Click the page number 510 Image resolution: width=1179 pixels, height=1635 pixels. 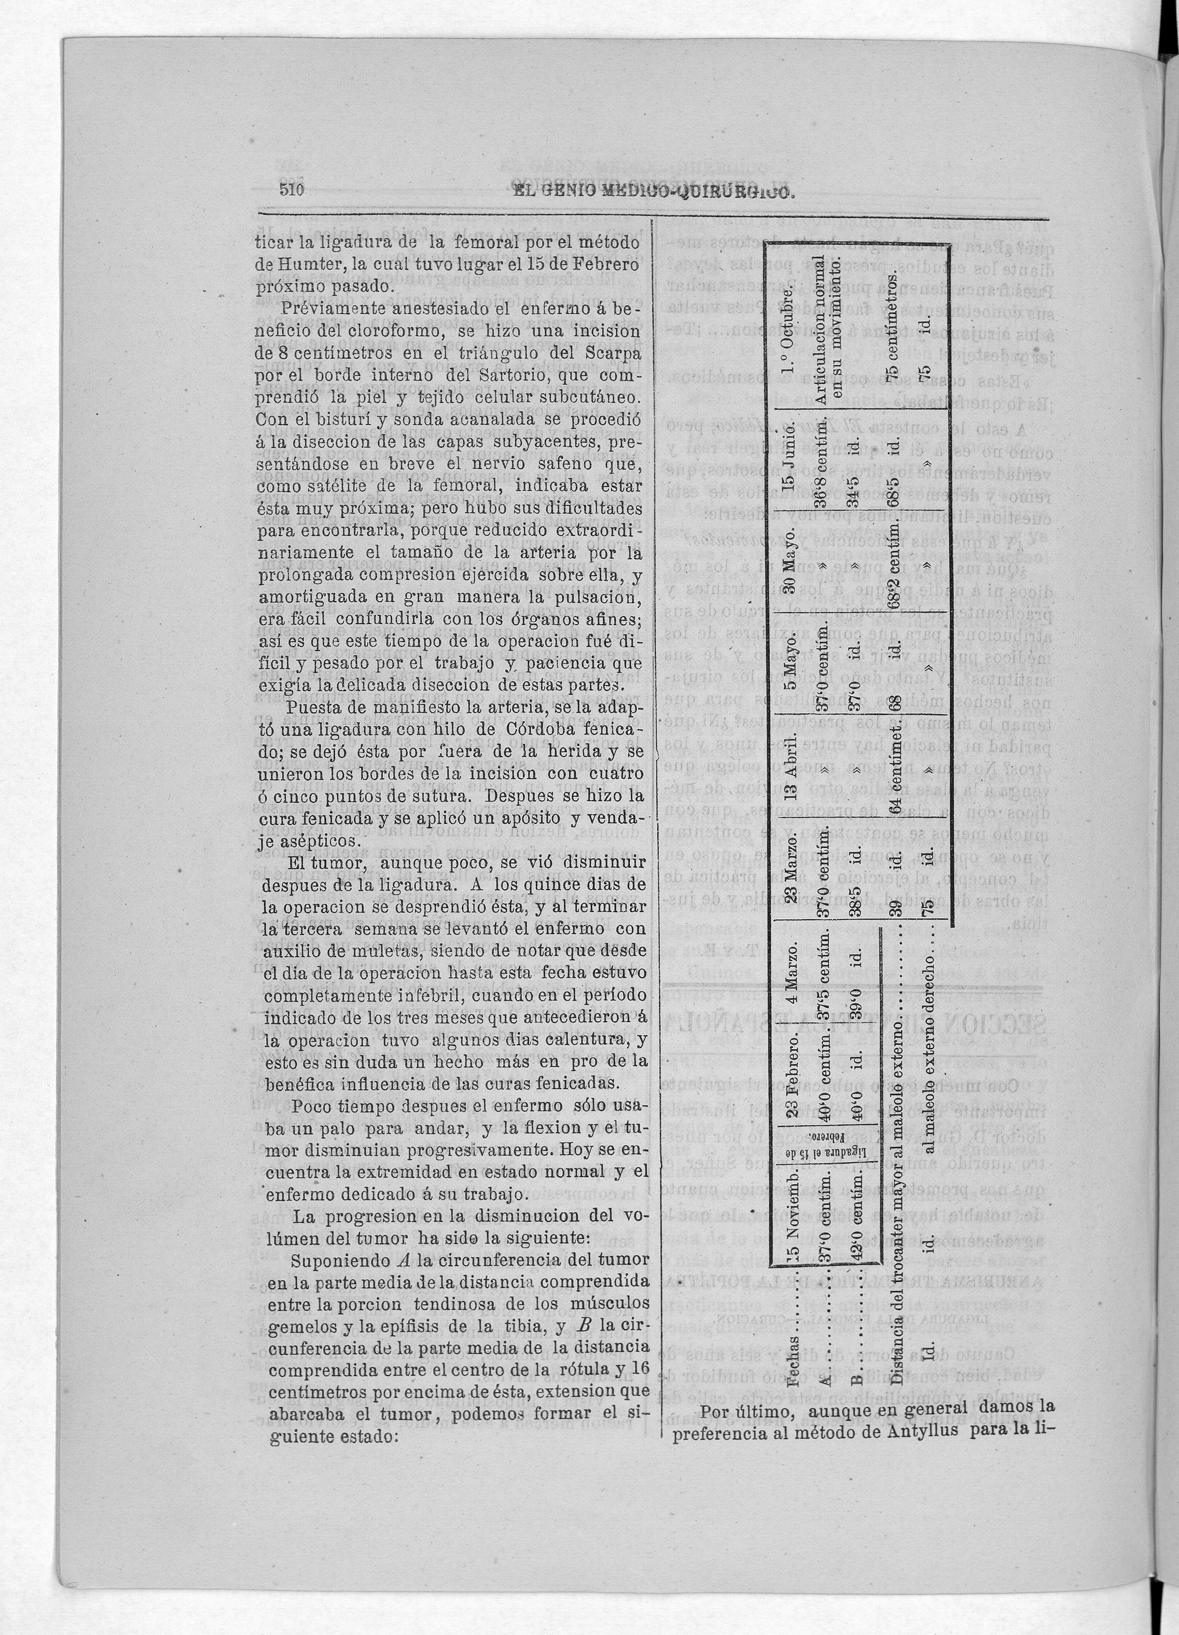(x=293, y=190)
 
